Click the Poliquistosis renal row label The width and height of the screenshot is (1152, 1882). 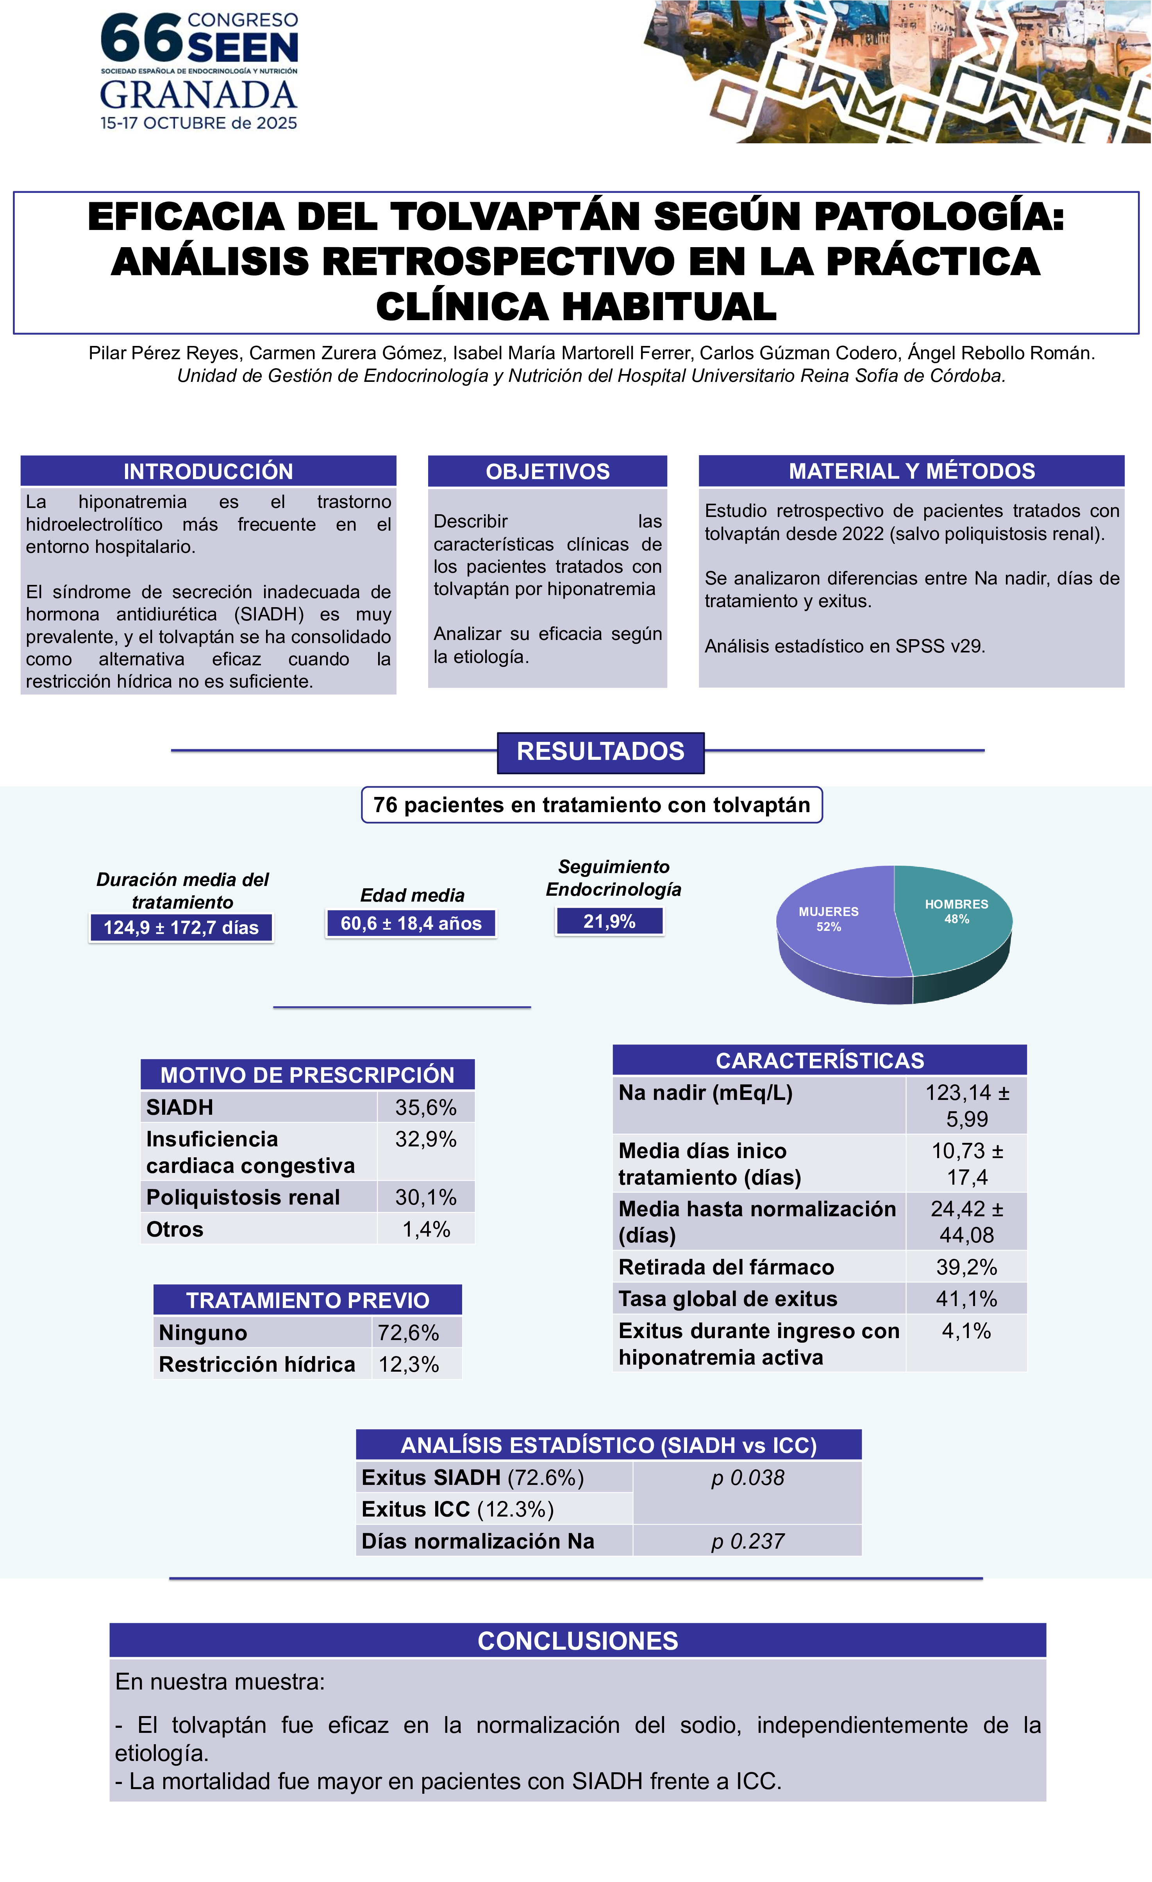[243, 1197]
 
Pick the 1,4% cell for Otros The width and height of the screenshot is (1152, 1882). [425, 1229]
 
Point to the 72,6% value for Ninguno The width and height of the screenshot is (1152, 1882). [408, 1333]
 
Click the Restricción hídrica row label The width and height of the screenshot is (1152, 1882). [257, 1364]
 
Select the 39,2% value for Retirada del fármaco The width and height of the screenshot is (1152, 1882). [966, 1267]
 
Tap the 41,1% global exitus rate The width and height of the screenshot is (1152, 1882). [966, 1298]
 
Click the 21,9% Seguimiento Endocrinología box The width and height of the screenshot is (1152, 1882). [609, 921]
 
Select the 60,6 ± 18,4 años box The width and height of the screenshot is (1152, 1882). [411, 923]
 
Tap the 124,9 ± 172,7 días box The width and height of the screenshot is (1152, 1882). [181, 927]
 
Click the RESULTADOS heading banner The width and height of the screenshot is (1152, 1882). [600, 752]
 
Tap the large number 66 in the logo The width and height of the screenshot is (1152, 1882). [141, 38]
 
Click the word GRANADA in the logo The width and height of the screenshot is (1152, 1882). [198, 95]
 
